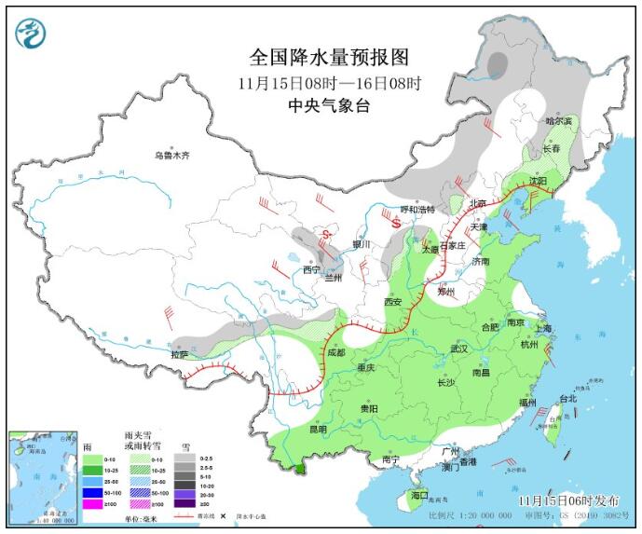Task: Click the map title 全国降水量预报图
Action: [330, 58]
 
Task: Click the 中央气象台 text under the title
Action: [330, 105]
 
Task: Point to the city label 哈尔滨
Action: [560, 121]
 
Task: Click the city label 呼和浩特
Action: [417, 210]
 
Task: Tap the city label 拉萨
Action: [179, 354]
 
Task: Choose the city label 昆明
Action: [318, 429]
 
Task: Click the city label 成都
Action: [336, 352]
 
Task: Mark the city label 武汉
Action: [458, 348]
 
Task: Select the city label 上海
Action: [544, 328]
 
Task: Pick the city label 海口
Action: [418, 495]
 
